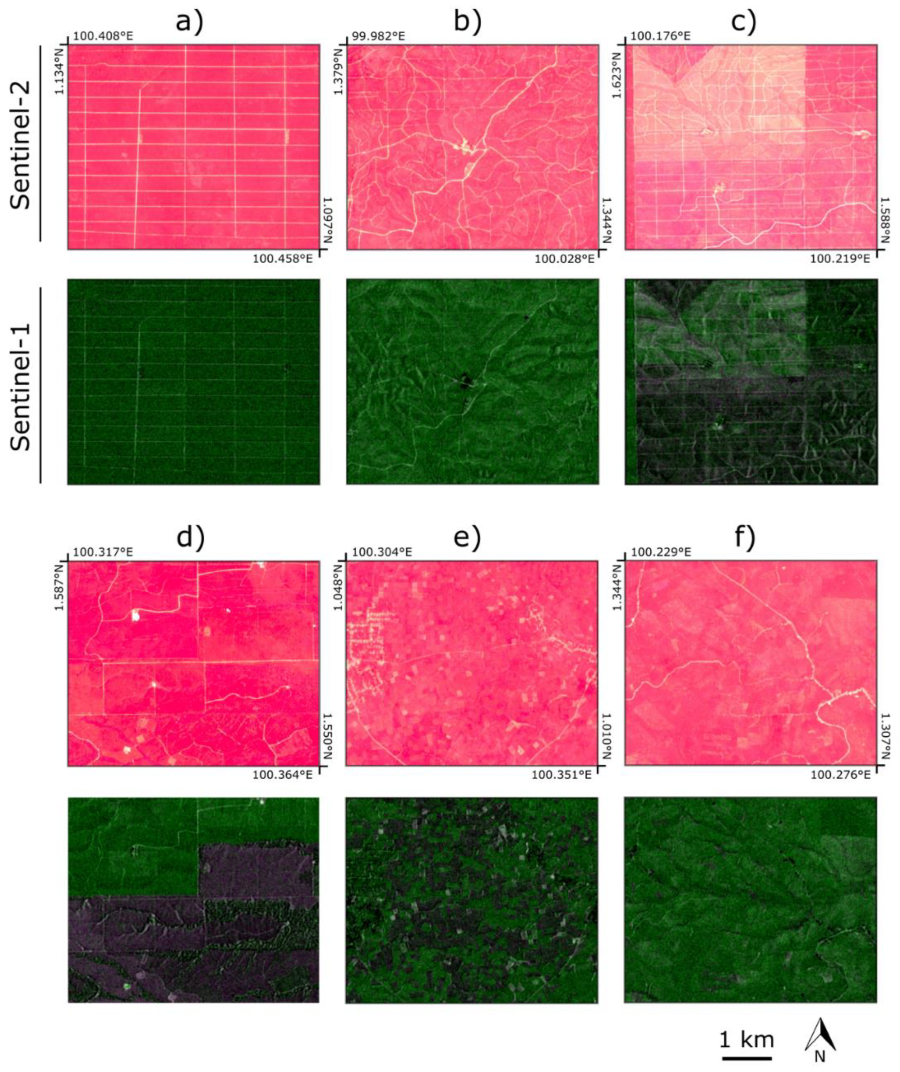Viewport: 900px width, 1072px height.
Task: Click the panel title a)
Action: click(190, 22)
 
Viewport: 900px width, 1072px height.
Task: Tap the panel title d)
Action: click(190, 538)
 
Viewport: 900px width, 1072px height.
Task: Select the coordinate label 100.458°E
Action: click(282, 259)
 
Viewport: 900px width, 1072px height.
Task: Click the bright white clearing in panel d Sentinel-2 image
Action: click(135, 616)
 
